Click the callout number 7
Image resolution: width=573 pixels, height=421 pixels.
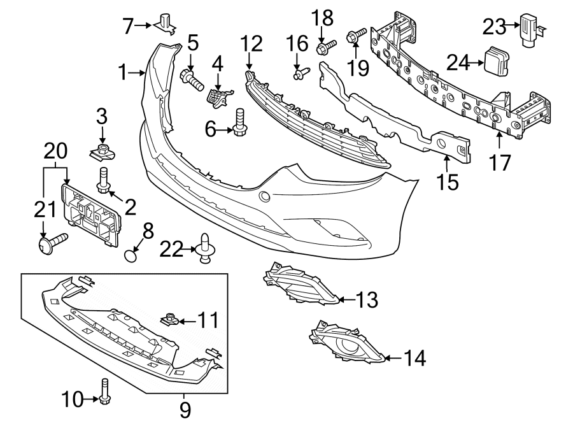tap(128, 26)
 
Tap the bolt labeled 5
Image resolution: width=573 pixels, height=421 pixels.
tap(190, 79)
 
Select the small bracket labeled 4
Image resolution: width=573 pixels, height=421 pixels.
tap(218, 96)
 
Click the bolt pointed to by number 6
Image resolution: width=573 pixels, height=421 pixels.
tap(241, 122)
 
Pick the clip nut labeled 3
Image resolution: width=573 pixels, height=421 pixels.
tap(101, 151)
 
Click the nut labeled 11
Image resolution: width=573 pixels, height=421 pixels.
tap(171, 318)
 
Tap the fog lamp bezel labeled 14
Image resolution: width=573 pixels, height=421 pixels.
tap(345, 346)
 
